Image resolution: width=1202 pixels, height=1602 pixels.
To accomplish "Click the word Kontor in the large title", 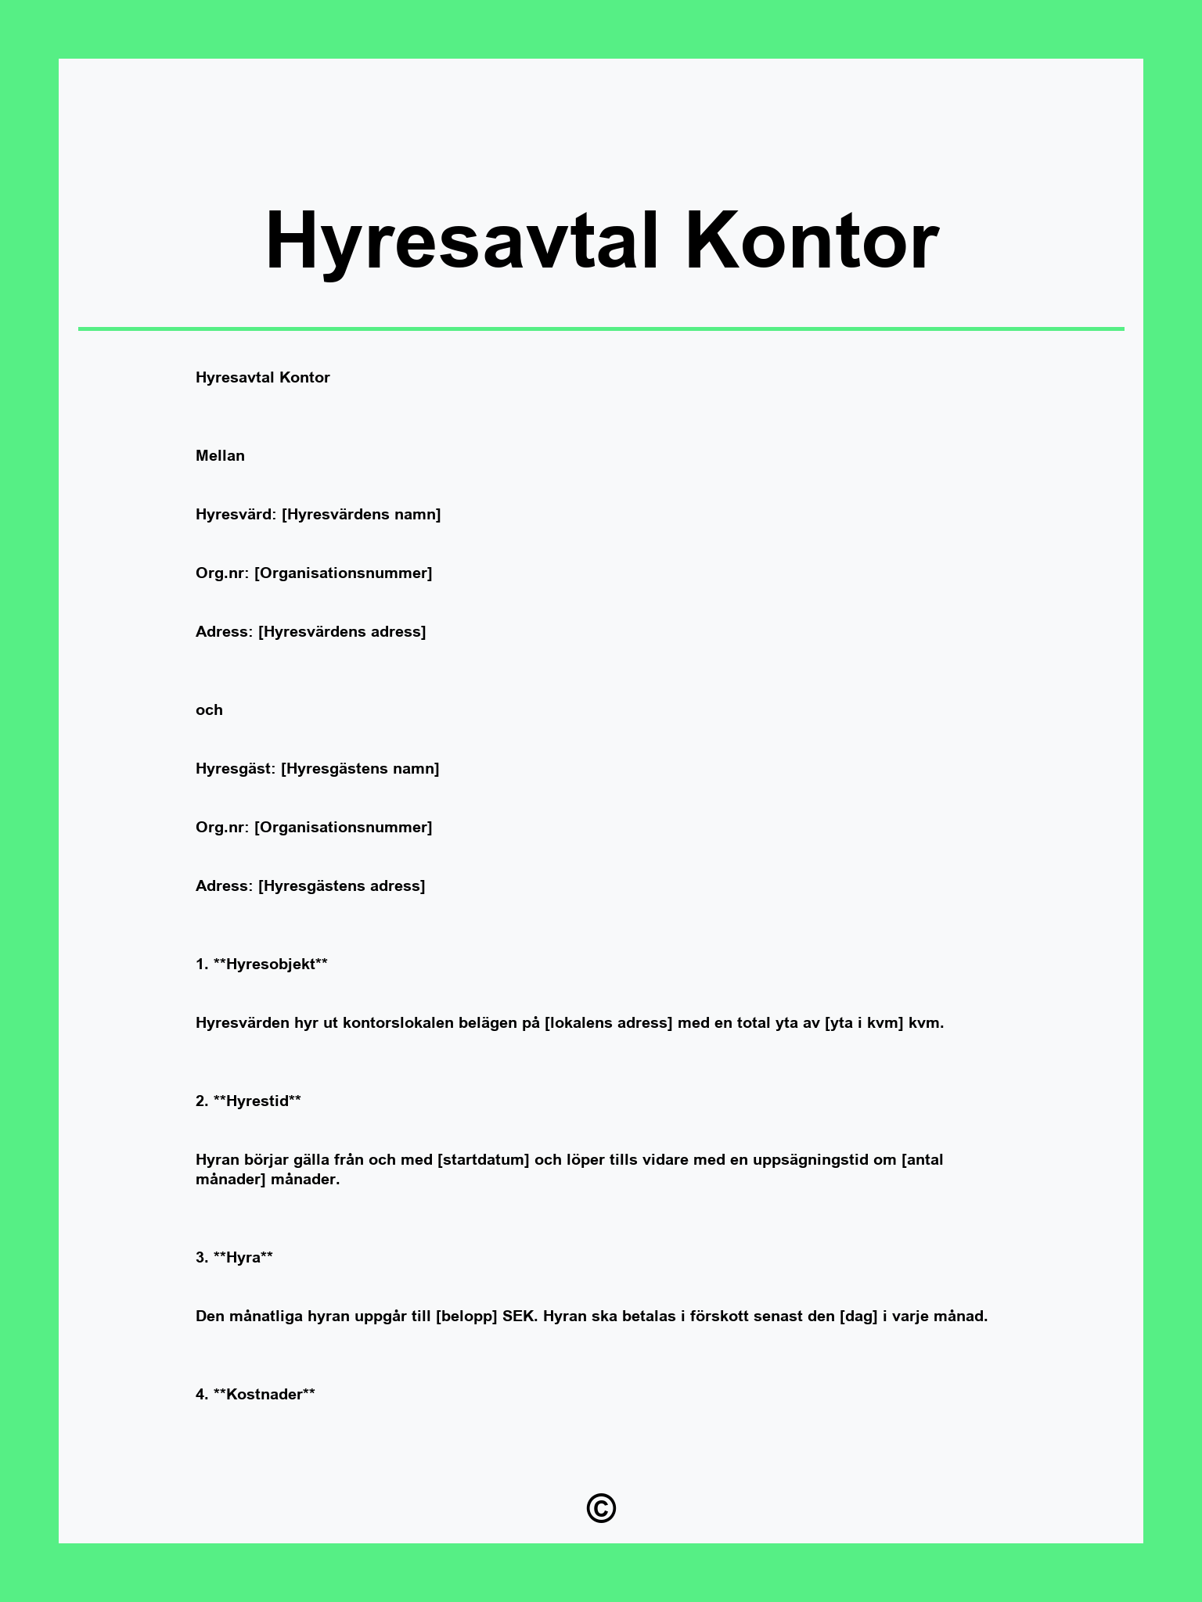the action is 812,241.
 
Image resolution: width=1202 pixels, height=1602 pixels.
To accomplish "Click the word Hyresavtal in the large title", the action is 462,241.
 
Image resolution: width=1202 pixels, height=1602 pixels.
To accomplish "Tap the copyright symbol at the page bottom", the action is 601,1508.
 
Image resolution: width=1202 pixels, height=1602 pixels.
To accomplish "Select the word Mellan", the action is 220,456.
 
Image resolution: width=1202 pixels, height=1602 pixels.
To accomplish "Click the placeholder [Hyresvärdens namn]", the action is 362,515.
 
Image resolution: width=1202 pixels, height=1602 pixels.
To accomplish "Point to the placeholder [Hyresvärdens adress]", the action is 342,632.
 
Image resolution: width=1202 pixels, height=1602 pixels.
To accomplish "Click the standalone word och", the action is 209,710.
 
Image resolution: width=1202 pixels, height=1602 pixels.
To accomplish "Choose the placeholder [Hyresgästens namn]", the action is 360,769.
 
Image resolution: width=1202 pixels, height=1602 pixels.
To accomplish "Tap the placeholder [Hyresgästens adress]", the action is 342,886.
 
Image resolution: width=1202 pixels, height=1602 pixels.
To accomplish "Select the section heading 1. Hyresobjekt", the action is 261,964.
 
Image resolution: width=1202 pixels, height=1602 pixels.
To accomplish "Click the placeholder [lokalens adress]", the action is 608,1023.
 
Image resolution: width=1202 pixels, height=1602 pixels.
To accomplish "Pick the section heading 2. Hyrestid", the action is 248,1101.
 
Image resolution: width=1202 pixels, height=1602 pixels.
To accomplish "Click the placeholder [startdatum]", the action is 483,1160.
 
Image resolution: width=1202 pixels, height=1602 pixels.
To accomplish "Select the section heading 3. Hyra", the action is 234,1258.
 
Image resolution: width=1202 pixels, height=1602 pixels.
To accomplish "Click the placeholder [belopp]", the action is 466,1316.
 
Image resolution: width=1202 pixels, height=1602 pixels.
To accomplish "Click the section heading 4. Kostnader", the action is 255,1395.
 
